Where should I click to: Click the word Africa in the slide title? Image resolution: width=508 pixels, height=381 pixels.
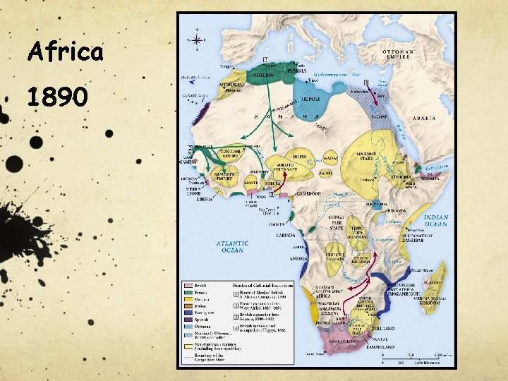(x=65, y=52)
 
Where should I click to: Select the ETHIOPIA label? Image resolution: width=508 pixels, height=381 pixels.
(x=402, y=177)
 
